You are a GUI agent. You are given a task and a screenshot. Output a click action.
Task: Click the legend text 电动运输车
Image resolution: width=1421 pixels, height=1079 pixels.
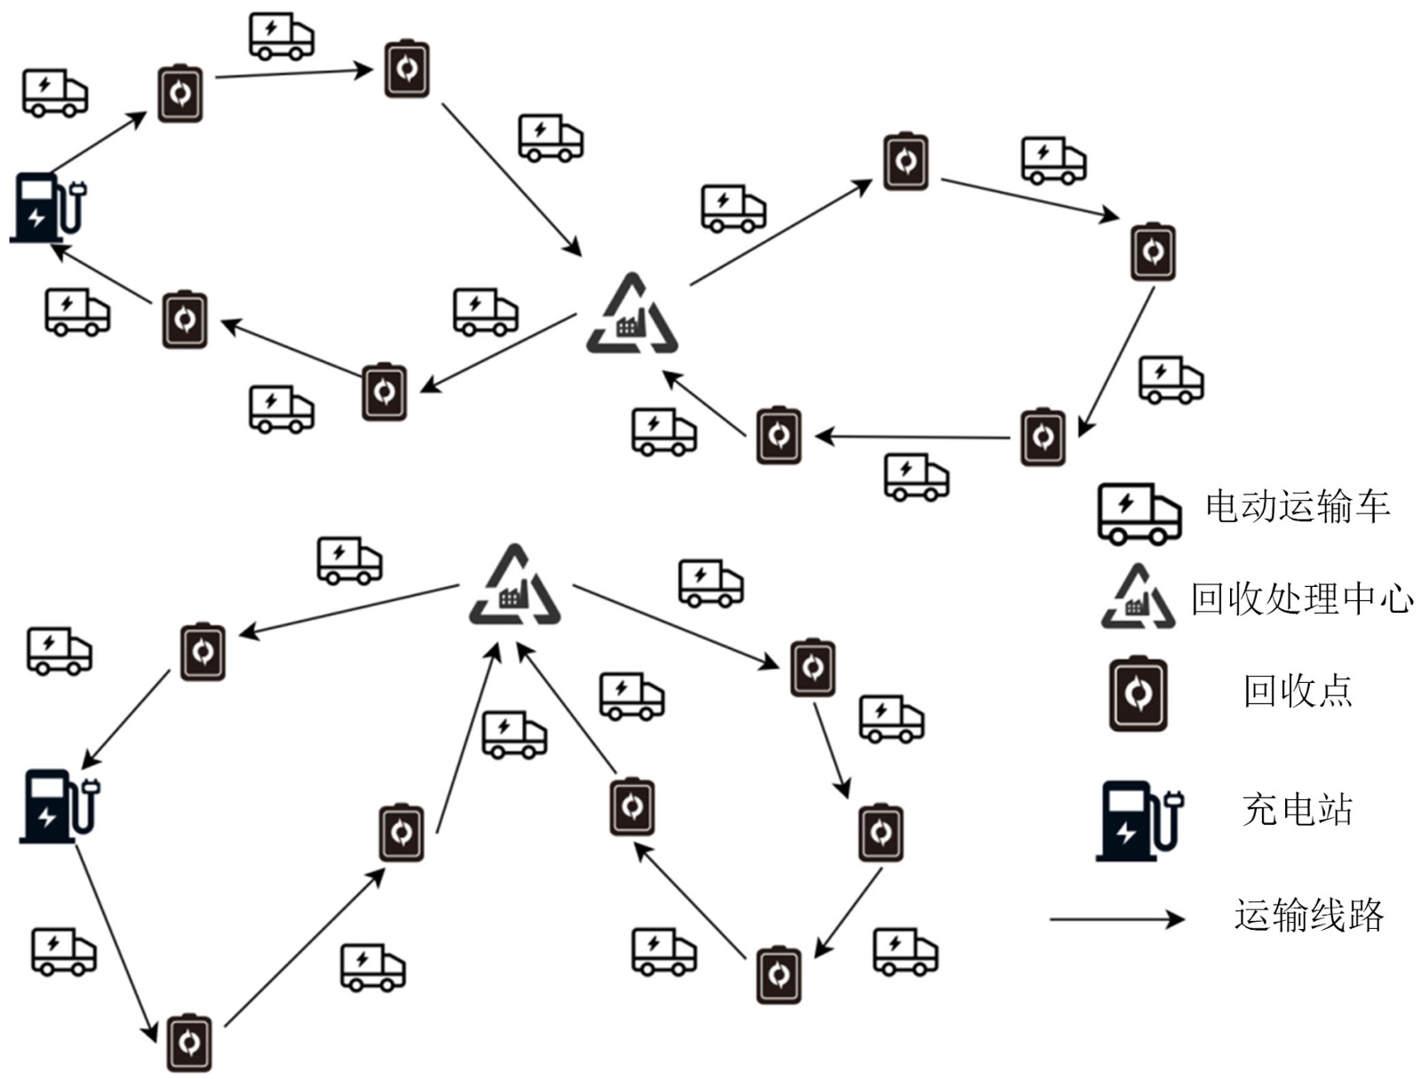click(1296, 506)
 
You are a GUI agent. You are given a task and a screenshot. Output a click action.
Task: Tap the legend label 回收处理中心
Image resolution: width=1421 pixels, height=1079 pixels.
click(1301, 599)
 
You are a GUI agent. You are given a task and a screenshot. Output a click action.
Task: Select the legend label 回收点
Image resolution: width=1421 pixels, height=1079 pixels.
click(1297, 691)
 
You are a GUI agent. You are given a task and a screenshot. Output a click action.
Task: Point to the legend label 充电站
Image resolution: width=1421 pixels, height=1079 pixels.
click(1297, 809)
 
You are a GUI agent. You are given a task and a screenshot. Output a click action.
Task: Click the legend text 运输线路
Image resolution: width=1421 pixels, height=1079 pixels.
click(1308, 915)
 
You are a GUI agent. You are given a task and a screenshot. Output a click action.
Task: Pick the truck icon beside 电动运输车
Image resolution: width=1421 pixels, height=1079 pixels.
click(1139, 513)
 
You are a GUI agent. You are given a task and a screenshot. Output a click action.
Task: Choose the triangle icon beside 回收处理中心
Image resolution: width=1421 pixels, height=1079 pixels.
click(1138, 598)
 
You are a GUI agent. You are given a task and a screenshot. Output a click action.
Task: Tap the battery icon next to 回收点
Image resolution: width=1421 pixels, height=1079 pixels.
click(1139, 694)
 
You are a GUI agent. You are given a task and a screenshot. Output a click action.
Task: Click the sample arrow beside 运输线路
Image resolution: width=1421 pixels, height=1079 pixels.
click(1116, 918)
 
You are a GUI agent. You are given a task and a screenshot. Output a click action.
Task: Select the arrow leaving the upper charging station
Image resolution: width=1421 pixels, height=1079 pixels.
click(99, 141)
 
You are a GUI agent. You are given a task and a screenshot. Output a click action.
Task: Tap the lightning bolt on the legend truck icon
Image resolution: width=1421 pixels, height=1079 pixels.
click(1125, 504)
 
